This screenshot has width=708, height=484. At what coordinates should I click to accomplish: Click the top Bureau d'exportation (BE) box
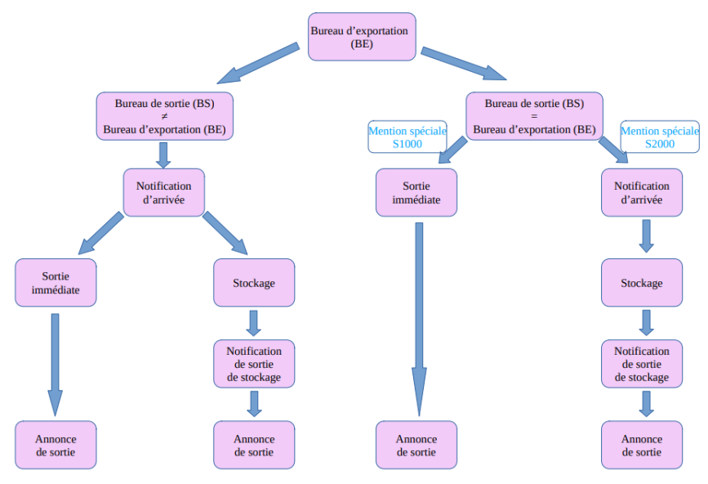pos(362,37)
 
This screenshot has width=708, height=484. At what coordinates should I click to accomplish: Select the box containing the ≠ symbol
pos(164,116)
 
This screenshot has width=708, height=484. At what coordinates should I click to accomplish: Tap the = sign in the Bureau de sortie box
pos(534,116)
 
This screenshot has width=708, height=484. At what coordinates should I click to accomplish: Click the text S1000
pos(407,143)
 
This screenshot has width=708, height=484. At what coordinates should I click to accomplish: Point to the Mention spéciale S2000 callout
pos(660,137)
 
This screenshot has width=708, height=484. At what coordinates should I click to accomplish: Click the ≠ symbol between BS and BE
pos(164,117)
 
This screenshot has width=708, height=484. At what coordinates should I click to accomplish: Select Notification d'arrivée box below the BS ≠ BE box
pos(163,193)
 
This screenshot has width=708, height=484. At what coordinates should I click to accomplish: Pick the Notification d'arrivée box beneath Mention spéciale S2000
pos(641,193)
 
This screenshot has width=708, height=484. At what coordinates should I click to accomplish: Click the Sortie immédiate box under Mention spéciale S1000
pos(416,193)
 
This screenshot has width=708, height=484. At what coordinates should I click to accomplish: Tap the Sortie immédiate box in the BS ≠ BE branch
pos(56,283)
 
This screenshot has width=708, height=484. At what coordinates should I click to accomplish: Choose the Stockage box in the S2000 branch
pos(641,283)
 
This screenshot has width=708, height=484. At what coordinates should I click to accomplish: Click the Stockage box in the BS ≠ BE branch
pos(253,283)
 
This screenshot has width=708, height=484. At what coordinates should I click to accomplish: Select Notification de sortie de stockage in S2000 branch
pos(641,364)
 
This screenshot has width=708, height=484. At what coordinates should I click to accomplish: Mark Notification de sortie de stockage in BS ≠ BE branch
pos(253,364)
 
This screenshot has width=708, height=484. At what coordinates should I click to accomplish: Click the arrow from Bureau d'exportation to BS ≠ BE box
pos(257,65)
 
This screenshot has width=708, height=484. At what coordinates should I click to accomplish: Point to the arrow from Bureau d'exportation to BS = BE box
pos(463,65)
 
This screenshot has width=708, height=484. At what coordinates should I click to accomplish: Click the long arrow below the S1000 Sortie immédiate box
pos(418,319)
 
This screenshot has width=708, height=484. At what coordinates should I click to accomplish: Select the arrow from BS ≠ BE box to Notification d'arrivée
pos(163,155)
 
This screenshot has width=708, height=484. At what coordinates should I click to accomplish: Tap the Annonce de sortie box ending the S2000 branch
pos(641,445)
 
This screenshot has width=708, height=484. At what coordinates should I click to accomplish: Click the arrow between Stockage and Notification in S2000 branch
pos(645,323)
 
